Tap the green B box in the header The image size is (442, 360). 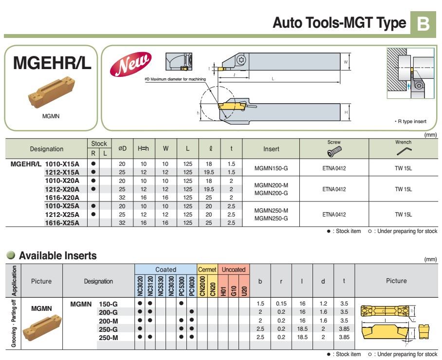[x=424, y=23]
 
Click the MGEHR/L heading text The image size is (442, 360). [x=52, y=63]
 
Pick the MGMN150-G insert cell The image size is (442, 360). [x=271, y=168]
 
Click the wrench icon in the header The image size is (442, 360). [x=404, y=152]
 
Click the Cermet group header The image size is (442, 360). [x=207, y=269]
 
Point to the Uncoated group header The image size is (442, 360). [x=234, y=269]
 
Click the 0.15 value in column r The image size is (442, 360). [x=281, y=303]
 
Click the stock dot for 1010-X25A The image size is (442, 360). [x=93, y=206]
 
